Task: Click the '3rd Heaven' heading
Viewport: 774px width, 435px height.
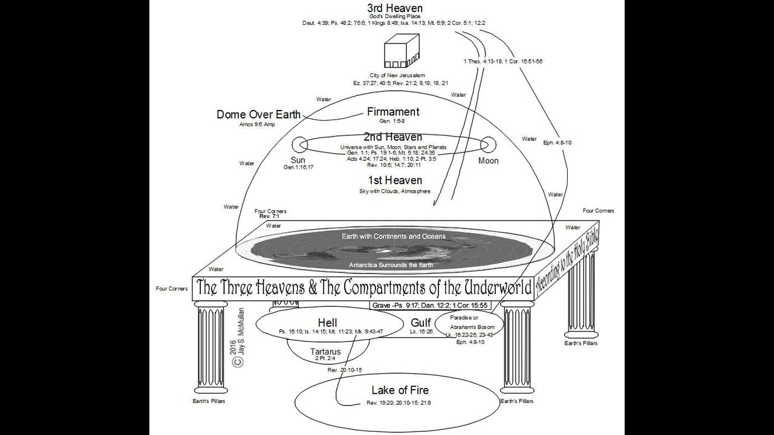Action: tap(394, 8)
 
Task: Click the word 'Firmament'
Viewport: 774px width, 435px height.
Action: tap(393, 112)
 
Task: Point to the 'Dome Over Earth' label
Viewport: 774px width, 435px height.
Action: tap(258, 115)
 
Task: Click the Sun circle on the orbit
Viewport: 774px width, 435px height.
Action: tap(299, 144)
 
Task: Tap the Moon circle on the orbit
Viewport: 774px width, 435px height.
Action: tap(488, 144)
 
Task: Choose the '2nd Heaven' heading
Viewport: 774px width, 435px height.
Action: tap(393, 137)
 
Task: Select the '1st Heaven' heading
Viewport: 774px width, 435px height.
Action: tap(395, 180)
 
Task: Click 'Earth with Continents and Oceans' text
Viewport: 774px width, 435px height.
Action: tap(394, 236)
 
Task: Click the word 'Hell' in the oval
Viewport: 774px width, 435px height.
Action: tap(327, 322)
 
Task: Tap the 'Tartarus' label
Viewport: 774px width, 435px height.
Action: tap(325, 352)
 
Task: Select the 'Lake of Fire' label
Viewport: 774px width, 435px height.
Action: tap(400, 390)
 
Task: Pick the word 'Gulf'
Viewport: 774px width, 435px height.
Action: tap(421, 323)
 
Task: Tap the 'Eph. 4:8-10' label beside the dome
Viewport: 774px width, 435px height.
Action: tap(557, 143)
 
